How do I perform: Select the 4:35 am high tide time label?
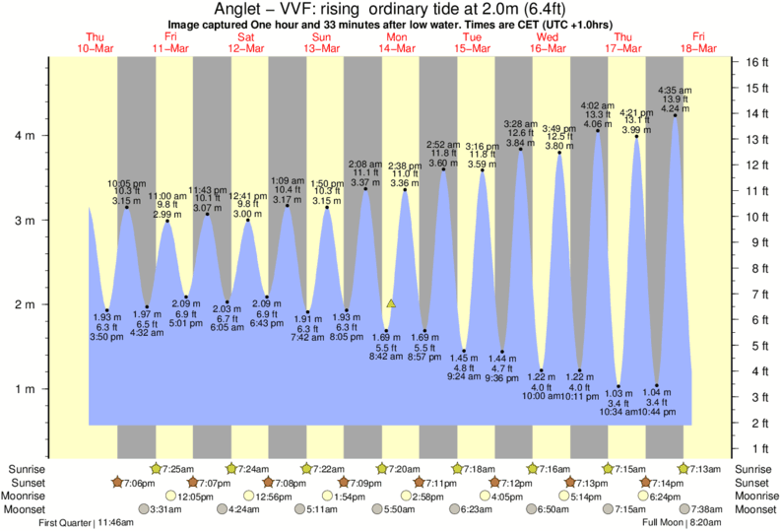pyautogui.click(x=675, y=90)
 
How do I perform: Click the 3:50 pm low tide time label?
pyautogui.click(x=107, y=338)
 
